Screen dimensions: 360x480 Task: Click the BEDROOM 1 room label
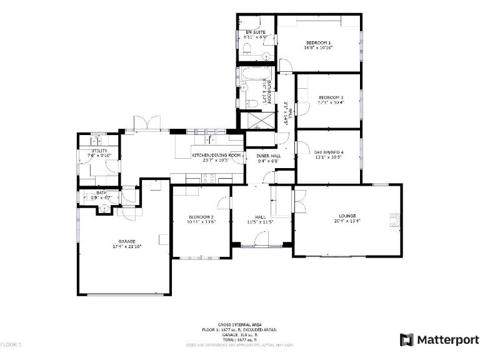point(318,42)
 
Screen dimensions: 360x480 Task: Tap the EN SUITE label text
point(255,32)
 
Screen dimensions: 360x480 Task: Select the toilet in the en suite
point(246,49)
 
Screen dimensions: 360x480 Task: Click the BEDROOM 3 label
point(331,97)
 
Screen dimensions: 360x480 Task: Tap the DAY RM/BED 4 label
point(329,152)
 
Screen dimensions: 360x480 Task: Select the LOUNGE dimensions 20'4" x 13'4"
point(347,220)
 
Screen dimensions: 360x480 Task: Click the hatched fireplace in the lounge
point(394,219)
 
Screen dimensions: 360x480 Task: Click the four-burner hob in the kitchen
point(209,177)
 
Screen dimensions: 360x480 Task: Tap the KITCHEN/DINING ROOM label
point(216,154)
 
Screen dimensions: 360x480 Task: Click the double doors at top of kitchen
point(147,124)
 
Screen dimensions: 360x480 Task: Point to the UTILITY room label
point(99,151)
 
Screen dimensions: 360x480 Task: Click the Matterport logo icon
point(406,339)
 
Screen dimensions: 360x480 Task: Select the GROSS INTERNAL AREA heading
point(239,324)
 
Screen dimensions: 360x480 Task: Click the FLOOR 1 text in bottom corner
point(11,344)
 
